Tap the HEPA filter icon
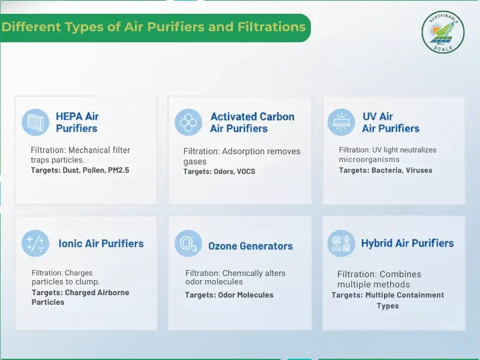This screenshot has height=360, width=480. pos(35,122)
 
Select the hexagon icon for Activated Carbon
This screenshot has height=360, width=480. pos(188,122)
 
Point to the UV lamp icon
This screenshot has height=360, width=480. pos(341,122)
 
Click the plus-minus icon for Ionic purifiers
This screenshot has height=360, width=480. pos(35,244)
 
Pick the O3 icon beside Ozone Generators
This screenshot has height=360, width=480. pos(188,244)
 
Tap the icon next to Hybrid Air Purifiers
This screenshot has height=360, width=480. pos(341,244)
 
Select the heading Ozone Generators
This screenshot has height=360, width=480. pos(250,246)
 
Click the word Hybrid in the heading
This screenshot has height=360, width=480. pos(378,243)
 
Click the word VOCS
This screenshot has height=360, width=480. pos(245,172)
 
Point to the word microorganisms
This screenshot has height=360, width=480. pos(369,160)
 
